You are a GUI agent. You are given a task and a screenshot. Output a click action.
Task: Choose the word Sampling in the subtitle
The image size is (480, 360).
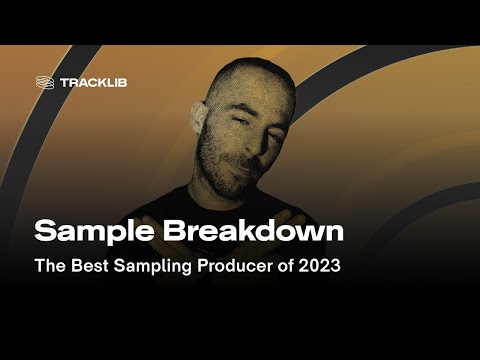(155, 267)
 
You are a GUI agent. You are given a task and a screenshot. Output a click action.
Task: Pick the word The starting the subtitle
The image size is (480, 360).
(50, 267)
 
